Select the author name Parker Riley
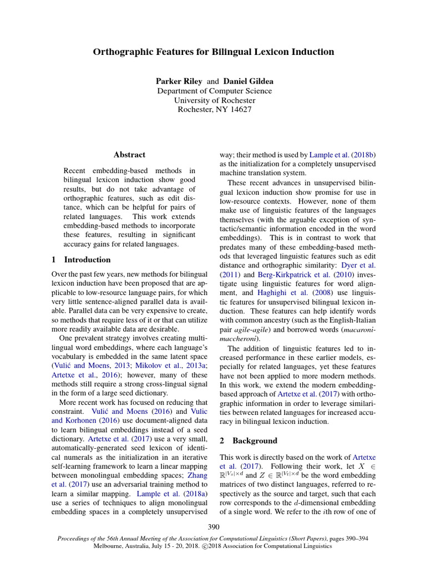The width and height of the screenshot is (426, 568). click(x=179, y=81)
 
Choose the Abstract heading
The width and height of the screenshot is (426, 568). click(x=129, y=155)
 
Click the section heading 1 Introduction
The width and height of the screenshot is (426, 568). click(x=81, y=260)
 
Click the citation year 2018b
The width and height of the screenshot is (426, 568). click(x=364, y=155)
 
